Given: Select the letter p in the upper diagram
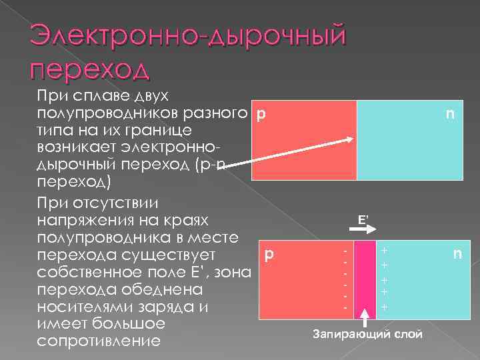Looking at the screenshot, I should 261,114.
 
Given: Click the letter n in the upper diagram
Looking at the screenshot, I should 451,114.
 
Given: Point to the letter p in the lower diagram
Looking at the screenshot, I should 269,254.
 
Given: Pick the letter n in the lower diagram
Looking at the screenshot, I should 457,254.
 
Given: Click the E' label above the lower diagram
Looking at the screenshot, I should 363,219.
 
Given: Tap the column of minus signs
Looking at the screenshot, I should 345,279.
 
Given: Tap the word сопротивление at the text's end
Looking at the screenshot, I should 99,342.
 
